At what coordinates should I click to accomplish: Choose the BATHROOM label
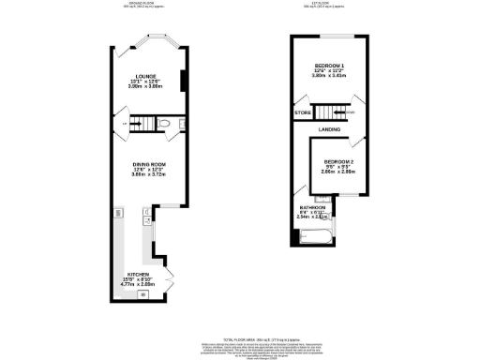coord(312,207)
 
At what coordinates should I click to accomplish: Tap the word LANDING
coord(329,128)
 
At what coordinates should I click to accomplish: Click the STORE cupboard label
coord(303,113)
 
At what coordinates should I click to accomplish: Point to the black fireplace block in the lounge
coord(183,82)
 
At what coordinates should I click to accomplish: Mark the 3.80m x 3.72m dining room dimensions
coord(149,175)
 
